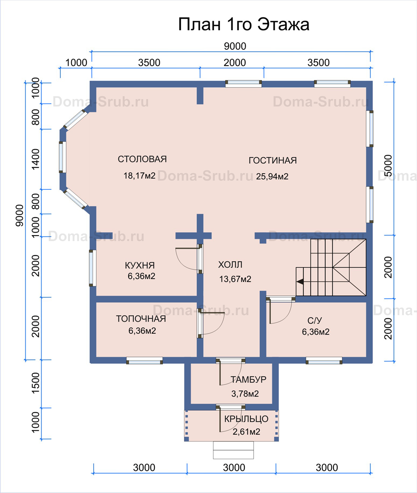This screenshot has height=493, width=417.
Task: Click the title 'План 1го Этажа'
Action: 244,24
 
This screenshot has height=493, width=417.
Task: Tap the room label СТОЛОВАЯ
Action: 143,159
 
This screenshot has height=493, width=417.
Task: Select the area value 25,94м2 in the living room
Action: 272,176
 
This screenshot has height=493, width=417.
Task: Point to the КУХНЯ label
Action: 140,265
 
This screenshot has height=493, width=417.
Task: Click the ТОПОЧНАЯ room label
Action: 141,319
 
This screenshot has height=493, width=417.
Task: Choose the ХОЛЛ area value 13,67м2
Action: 235,279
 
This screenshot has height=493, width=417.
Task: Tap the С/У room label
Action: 315,321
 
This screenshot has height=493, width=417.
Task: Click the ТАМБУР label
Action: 248,379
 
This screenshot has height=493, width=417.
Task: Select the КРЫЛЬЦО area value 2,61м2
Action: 246,432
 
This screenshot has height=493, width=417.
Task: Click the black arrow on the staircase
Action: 300,282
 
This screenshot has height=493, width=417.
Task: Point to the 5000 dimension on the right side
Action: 388,165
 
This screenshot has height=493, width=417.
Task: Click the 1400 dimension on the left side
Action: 35,159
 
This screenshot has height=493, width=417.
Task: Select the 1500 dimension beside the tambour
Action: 35,383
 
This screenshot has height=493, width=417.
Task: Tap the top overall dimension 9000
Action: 235,46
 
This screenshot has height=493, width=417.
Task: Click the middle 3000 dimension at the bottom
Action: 234,468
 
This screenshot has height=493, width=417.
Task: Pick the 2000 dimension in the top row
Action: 235,63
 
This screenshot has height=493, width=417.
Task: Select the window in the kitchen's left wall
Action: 93,268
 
